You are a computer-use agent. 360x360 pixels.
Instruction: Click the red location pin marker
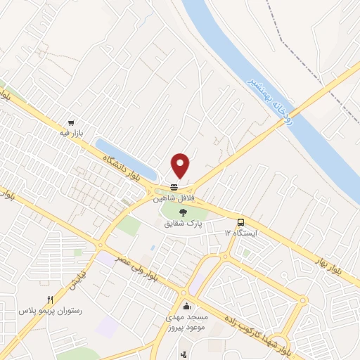[181, 165]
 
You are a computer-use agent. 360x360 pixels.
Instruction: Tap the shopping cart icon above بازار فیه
[70, 122]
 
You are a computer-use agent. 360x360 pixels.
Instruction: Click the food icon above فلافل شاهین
[174, 186]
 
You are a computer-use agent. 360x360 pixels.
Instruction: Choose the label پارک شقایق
[184, 224]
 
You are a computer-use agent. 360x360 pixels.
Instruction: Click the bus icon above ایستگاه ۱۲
[241, 221]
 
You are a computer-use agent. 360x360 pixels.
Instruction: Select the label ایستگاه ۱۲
[241, 232]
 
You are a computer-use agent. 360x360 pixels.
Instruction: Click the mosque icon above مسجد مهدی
[186, 306]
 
